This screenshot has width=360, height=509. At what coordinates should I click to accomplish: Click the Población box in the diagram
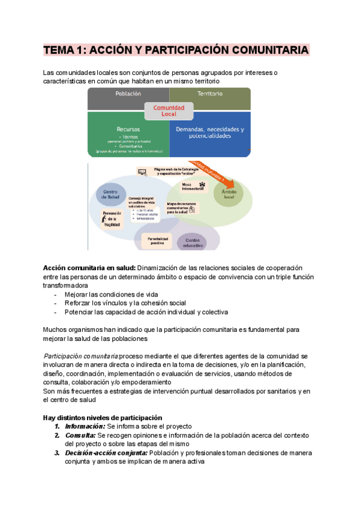(x=128, y=95)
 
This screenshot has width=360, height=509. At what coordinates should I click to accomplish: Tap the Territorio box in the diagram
(x=210, y=95)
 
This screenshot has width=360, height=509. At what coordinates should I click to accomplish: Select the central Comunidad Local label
(x=169, y=110)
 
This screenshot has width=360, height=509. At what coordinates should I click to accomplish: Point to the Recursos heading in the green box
(x=128, y=129)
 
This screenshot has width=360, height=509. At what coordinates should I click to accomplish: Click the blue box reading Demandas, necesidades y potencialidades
(x=210, y=133)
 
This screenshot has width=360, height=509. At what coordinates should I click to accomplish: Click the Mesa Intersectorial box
(x=190, y=187)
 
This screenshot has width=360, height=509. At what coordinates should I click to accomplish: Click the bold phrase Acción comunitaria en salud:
(x=89, y=267)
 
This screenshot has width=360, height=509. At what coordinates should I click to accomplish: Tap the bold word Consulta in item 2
(x=80, y=435)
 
